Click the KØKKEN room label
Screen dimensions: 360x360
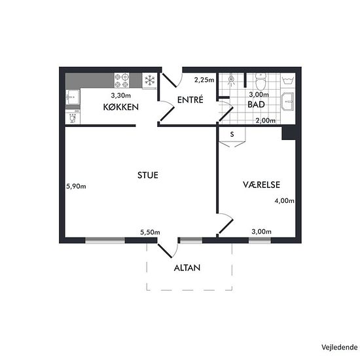pos(121,107)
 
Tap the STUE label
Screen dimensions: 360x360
pos(148,175)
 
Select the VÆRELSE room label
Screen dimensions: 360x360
pos(262,185)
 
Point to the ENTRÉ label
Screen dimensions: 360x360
pos(190,99)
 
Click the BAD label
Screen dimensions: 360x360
pos(256,105)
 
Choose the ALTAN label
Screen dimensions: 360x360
pos(187,268)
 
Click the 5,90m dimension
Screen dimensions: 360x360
pos(76,186)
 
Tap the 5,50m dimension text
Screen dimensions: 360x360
pos(150,232)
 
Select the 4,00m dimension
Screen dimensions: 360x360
pos(285,201)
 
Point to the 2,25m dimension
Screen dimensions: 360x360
pos(204,80)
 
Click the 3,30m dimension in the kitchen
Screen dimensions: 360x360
pos(121,95)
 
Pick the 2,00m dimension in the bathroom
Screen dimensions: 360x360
pos(266,120)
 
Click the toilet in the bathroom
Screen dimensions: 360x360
pos(261,82)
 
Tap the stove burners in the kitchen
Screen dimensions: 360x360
pos(122,81)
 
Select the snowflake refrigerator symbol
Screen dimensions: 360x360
pos(150,81)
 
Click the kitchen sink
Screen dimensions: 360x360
pos(73,97)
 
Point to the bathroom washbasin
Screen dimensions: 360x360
pos(287,101)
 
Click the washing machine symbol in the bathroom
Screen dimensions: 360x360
pos(288,81)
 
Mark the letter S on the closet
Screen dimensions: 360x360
pos(232,134)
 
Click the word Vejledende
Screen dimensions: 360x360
pos(340,348)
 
